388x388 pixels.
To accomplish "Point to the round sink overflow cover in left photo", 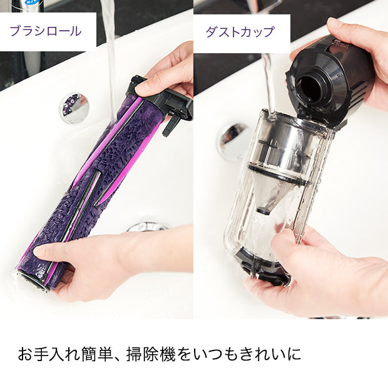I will coord(74,108).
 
